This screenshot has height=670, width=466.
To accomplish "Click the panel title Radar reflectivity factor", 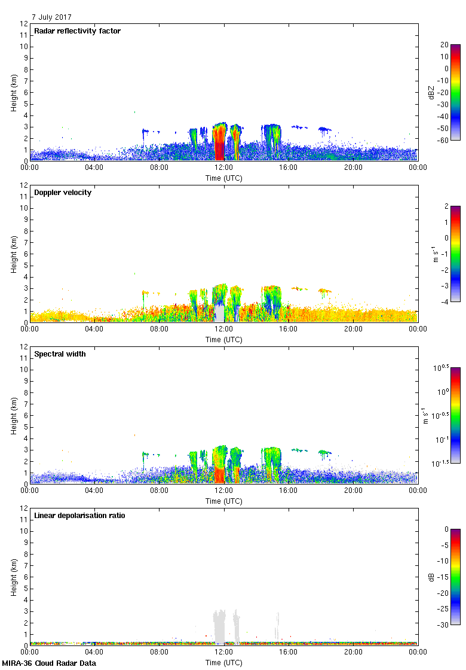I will tap(78, 31).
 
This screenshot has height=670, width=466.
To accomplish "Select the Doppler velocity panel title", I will tap(63, 193).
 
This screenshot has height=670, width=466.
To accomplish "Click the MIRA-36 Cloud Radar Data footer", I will tap(49, 663).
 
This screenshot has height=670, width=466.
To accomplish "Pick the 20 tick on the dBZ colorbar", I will tap(444, 45).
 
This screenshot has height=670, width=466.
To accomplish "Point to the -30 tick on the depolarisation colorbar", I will tap(444, 625).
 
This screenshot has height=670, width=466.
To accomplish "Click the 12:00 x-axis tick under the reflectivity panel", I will tap(224, 168).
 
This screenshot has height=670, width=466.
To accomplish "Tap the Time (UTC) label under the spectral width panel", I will tap(224, 501).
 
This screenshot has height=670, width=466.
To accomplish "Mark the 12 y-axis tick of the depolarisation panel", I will tap(24, 508).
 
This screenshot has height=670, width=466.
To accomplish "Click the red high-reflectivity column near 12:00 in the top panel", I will tap(219, 147).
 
